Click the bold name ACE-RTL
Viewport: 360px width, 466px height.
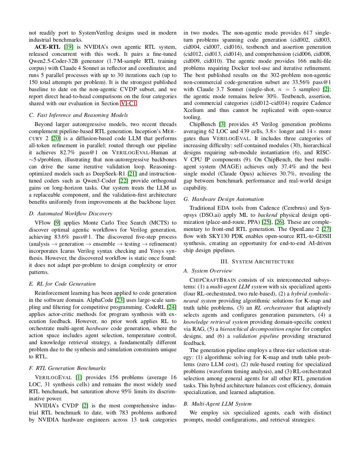point(47,47)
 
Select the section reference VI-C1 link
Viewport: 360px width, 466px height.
point(128,103)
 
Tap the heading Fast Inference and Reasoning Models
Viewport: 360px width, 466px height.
point(78,115)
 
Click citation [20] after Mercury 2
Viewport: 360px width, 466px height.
point(56,138)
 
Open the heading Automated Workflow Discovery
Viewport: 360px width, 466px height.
point(71,214)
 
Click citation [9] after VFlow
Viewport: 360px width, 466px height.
point(57,223)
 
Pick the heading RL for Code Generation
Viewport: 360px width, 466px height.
point(62,284)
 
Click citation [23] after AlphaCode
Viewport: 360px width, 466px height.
point(120,300)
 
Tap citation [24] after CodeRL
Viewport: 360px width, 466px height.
point(172,307)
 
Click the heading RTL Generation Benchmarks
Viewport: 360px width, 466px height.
point(67,368)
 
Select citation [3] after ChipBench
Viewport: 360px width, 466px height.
point(222,124)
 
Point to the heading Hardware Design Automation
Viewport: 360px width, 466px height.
point(223,199)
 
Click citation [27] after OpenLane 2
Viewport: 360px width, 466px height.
point(326,229)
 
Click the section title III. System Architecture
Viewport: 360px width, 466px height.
point(257,262)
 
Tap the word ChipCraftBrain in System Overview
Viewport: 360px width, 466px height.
point(213,280)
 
